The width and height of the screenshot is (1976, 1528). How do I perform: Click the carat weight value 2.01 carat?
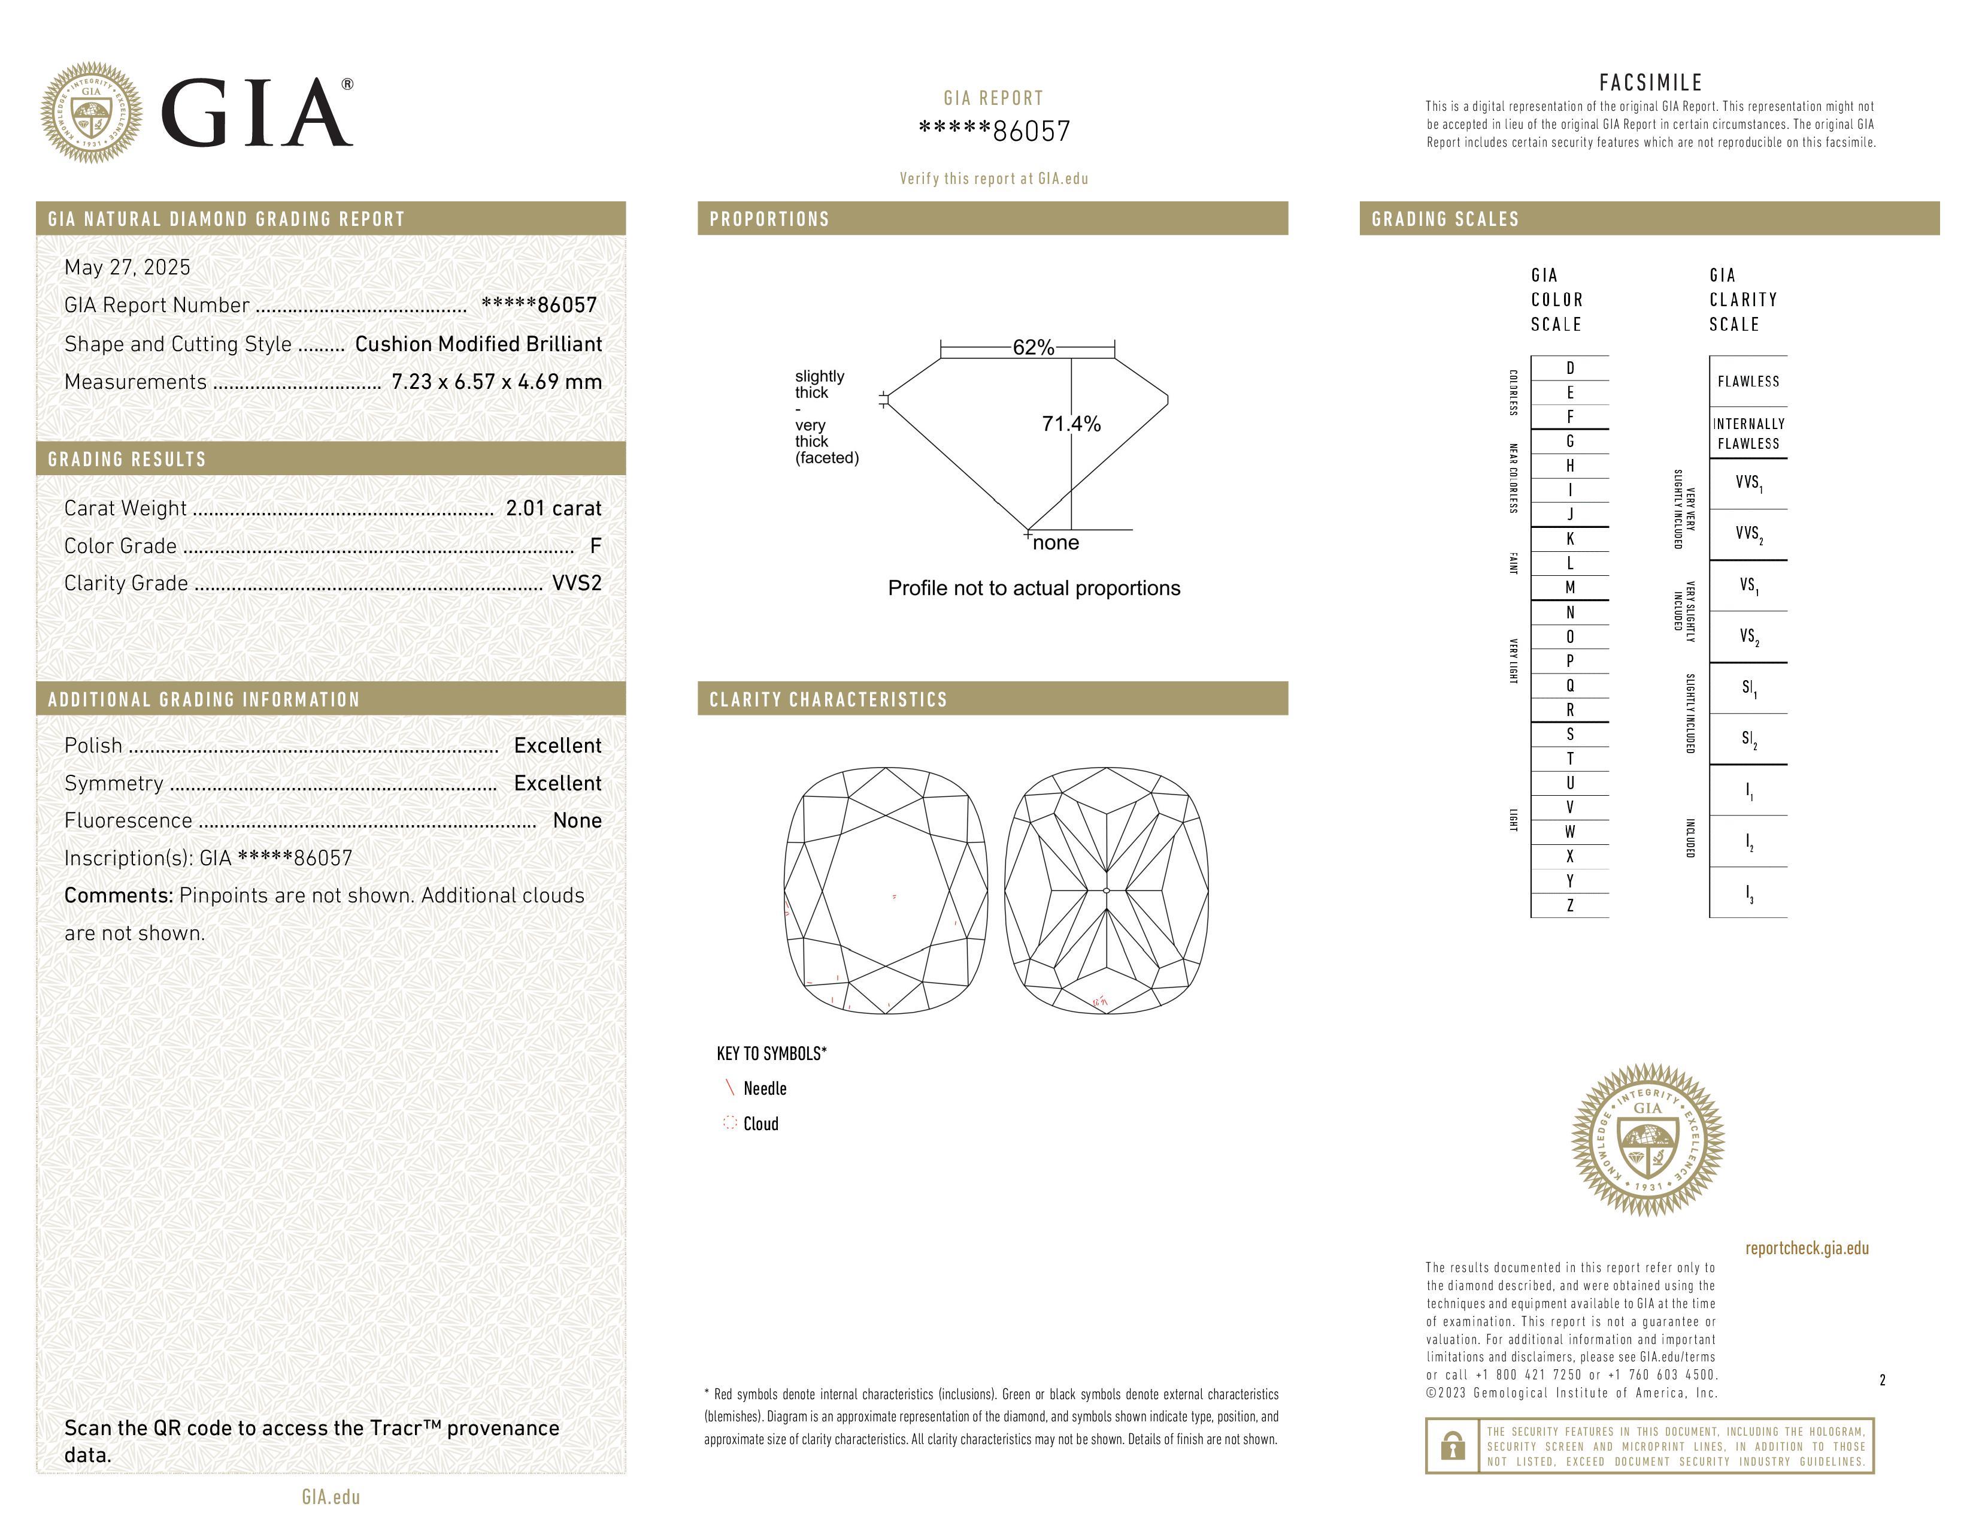pyautogui.click(x=553, y=509)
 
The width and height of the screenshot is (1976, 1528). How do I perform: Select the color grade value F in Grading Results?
pyautogui.click(x=595, y=546)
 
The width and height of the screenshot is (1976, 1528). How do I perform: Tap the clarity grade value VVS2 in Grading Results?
pyautogui.click(x=576, y=583)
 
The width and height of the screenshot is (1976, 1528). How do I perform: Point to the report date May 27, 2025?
pyautogui.click(x=128, y=267)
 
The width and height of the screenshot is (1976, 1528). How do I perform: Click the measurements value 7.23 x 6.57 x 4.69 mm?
pyautogui.click(x=496, y=382)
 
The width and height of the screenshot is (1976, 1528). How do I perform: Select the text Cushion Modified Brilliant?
pyautogui.click(x=478, y=344)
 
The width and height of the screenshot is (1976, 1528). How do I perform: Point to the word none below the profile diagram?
pyautogui.click(x=1055, y=543)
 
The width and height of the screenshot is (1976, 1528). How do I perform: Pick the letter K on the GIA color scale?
pyautogui.click(x=1570, y=539)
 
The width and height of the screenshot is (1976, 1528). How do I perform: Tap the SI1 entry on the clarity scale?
pyautogui.click(x=1748, y=688)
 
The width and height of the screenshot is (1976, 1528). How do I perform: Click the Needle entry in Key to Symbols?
pyautogui.click(x=765, y=1089)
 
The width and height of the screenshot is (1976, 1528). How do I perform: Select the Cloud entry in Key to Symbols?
pyautogui.click(x=760, y=1124)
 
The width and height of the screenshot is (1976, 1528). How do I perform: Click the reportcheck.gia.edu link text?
pyautogui.click(x=1806, y=1248)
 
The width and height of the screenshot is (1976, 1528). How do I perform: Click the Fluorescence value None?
pyautogui.click(x=576, y=821)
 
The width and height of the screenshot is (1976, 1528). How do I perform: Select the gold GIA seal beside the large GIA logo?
pyautogui.click(x=90, y=113)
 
